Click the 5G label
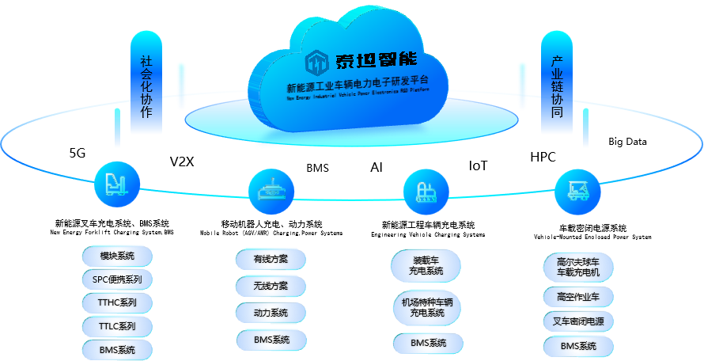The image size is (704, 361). pyautogui.click(x=78, y=154)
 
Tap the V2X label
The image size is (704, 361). pyautogui.click(x=182, y=161)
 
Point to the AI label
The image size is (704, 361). pyautogui.click(x=377, y=167)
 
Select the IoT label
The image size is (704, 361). pyautogui.click(x=479, y=165)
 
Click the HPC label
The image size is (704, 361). pyautogui.click(x=543, y=157)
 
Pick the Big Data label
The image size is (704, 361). pyautogui.click(x=627, y=142)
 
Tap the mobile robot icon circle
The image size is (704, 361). pyautogui.click(x=271, y=190)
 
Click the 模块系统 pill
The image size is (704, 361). pyautogui.click(x=117, y=256)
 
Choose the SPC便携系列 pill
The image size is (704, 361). pyautogui.click(x=117, y=279)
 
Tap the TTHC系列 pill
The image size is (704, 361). pyautogui.click(x=117, y=303)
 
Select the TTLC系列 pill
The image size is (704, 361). pyautogui.click(x=117, y=326)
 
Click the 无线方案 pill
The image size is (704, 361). pyautogui.click(x=271, y=286)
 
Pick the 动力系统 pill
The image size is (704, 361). pyautogui.click(x=271, y=313)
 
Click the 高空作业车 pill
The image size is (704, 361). pyautogui.click(x=578, y=297)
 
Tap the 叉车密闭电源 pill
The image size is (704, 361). pyautogui.click(x=578, y=321)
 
